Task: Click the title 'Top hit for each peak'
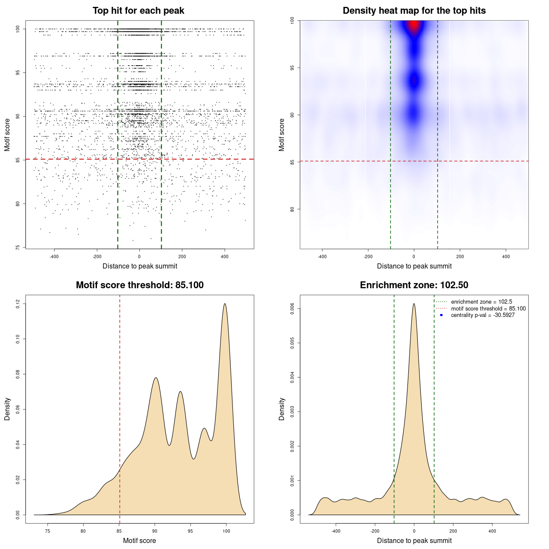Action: coord(138,11)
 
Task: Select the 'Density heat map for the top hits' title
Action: coord(414,11)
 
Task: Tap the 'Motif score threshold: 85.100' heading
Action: coord(139,285)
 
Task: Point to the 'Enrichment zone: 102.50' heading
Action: coord(414,285)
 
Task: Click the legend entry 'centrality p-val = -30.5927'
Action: coord(483,315)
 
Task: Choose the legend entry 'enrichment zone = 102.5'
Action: coord(481,302)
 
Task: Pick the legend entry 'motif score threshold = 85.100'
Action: coord(488,309)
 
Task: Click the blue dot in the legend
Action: coord(441,315)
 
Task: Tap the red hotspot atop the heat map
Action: coord(414,26)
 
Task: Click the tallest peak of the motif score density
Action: coord(225,304)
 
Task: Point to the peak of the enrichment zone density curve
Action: coord(414,304)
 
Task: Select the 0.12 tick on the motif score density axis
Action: coord(18,304)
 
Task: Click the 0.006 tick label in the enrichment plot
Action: coord(292,309)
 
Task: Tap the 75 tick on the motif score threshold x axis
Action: coord(47,531)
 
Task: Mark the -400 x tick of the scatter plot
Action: coord(54,256)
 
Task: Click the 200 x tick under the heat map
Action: coord(460,256)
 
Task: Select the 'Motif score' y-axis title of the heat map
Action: coord(282,135)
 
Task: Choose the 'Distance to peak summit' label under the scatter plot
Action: coord(140,266)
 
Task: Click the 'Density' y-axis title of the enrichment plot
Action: coord(282,409)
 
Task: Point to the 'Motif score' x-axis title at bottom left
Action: coord(139,541)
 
